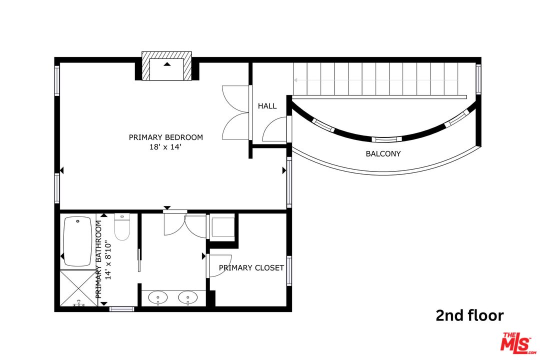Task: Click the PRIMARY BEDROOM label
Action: [166, 137]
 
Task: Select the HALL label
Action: [267, 106]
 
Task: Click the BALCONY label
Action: [383, 153]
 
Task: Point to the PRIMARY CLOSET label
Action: [251, 268]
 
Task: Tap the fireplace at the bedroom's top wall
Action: [167, 67]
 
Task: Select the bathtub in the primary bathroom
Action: [78, 241]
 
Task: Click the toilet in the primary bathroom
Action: [122, 227]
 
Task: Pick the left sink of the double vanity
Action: [158, 297]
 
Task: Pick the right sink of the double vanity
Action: [188, 297]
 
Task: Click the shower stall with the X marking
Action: [78, 288]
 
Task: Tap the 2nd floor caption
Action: [469, 315]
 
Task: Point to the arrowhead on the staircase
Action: [295, 80]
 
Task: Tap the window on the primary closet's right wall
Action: [289, 270]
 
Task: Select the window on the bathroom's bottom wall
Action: [122, 309]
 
